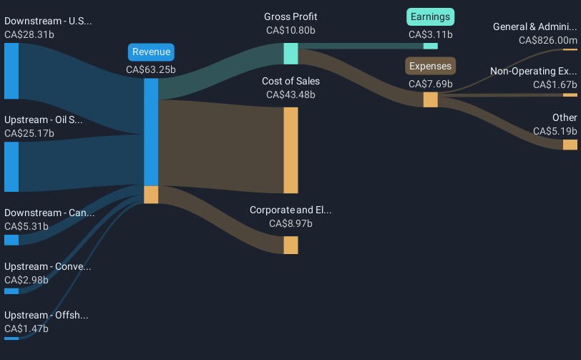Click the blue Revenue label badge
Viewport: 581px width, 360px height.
click(x=151, y=52)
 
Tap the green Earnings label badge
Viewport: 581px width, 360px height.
click(x=431, y=16)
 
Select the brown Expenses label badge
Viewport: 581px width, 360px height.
click(x=431, y=67)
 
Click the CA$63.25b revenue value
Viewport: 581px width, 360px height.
click(x=151, y=70)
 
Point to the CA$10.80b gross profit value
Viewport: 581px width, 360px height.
click(x=290, y=31)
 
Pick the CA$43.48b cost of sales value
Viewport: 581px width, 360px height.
click(x=290, y=94)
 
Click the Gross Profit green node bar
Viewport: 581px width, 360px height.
click(x=290, y=54)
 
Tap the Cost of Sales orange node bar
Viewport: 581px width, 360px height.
click(x=290, y=150)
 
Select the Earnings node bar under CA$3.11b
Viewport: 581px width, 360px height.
click(x=431, y=46)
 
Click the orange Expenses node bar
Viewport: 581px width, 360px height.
click(x=431, y=99)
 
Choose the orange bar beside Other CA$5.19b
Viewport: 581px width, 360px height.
click(x=570, y=145)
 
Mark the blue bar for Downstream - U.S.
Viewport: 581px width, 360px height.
click(x=11, y=71)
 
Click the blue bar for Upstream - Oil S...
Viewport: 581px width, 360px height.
click(x=11, y=167)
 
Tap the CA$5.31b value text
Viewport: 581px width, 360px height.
click(x=26, y=227)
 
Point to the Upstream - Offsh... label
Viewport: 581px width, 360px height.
click(x=47, y=316)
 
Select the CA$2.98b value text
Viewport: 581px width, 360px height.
click(x=26, y=280)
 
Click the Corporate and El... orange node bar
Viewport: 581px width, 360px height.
click(x=290, y=245)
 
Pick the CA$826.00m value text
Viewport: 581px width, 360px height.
click(x=548, y=41)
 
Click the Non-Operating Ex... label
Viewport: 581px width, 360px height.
click(x=533, y=72)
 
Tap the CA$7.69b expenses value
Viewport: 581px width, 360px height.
click(x=431, y=84)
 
